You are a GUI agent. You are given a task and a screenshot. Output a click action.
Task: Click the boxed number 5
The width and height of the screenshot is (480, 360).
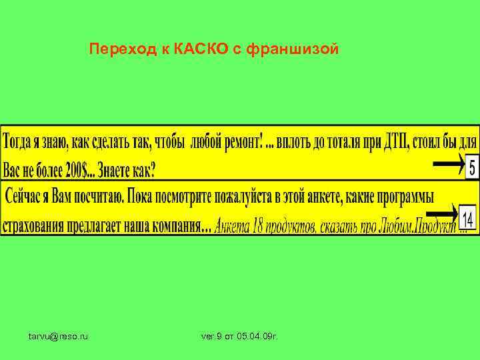[x=471, y=166]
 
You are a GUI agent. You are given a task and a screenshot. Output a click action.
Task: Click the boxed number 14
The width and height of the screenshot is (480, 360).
[x=467, y=219]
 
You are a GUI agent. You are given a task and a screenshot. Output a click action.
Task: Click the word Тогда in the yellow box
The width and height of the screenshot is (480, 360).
[x=23, y=142]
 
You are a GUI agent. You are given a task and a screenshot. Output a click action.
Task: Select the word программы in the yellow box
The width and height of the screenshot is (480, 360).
[x=400, y=197]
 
